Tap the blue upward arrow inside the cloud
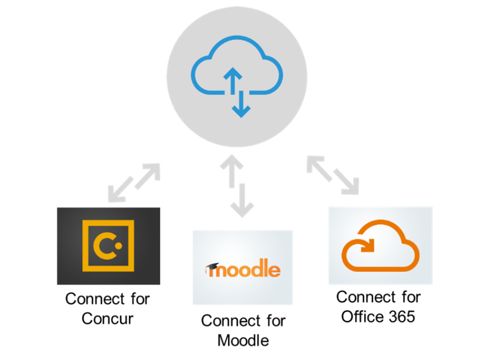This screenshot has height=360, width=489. coord(232,81)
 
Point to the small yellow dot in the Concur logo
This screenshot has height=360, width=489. coord(118,246)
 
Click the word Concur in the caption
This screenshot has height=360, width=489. coord(107,319)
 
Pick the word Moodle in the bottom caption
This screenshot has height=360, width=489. coord(243,341)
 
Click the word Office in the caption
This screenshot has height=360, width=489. coord(362,317)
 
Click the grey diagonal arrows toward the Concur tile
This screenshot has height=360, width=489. coord(134,183)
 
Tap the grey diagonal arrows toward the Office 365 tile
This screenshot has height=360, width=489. coord(333,175)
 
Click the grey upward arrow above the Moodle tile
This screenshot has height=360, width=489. coord(232,171)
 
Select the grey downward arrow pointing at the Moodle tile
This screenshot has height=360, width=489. coord(242,201)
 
